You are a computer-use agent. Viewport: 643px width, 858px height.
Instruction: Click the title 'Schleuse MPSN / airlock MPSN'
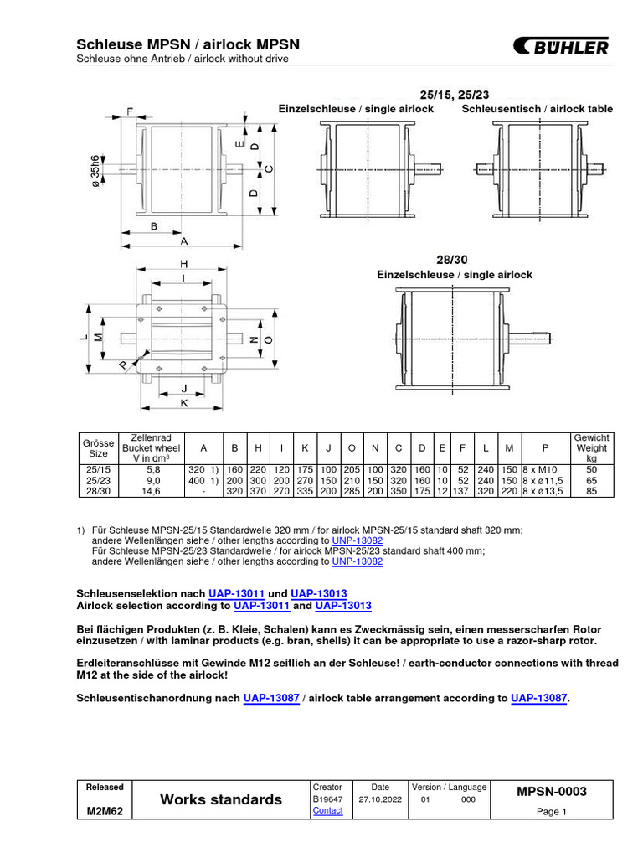[x=188, y=44]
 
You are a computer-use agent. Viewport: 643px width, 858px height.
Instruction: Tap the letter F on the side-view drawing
[x=129, y=111]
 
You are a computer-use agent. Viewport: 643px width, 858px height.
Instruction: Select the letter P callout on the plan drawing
[x=123, y=364]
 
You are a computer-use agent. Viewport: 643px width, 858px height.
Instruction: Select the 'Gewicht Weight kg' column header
[x=591, y=448]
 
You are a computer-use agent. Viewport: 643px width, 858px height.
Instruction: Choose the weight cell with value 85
[x=591, y=493]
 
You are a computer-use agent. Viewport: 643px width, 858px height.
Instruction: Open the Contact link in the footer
[x=327, y=810]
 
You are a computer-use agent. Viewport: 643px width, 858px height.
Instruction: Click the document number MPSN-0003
[x=551, y=792]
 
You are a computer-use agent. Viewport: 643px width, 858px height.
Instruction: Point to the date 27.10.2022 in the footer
[x=379, y=799]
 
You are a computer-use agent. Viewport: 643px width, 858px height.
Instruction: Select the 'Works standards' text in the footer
[x=221, y=799]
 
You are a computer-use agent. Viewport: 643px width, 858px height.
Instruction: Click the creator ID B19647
[x=327, y=799]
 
